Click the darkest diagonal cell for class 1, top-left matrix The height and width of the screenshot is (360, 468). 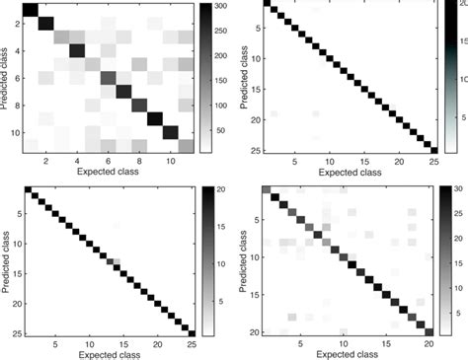(30, 11)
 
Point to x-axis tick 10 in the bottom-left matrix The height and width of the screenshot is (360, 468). (86, 345)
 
